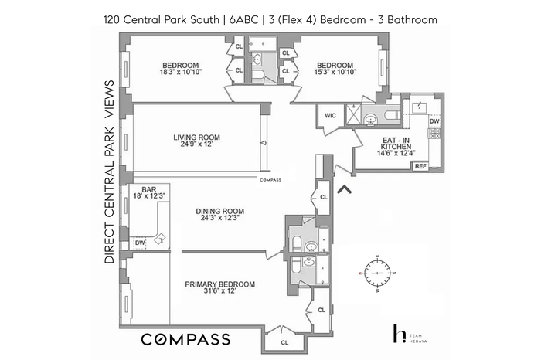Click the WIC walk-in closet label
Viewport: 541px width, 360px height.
(330, 116)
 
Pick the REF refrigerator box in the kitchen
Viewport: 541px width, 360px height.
(420, 166)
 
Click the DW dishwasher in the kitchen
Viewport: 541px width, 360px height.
(434, 121)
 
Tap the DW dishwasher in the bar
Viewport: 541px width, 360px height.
(140, 243)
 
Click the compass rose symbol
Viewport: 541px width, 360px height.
(377, 273)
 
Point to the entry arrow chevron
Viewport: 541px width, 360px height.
(344, 189)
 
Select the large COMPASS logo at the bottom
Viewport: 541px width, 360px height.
(185, 339)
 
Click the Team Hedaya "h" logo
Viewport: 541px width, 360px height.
(400, 333)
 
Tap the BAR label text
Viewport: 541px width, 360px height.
(149, 189)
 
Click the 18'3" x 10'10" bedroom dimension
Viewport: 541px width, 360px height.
(180, 72)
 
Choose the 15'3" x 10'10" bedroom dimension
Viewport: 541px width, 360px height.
(335, 72)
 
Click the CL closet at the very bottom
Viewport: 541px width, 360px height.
(284, 342)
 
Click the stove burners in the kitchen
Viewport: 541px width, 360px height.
(434, 134)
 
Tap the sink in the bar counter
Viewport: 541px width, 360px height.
(160, 239)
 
